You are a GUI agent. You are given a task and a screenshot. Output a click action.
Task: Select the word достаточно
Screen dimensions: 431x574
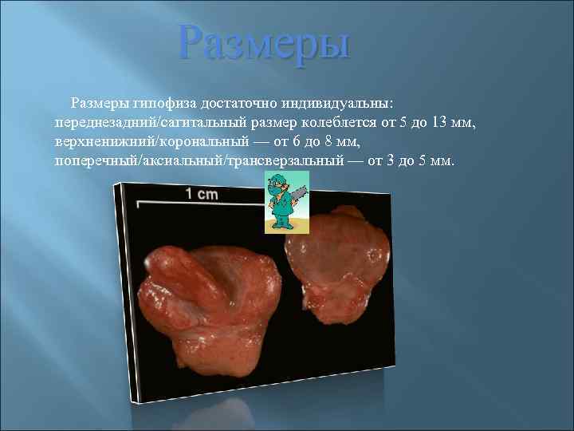229,104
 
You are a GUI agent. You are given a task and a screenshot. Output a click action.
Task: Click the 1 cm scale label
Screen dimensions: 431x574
201,193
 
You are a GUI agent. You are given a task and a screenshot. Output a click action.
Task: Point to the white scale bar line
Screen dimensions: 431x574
199,203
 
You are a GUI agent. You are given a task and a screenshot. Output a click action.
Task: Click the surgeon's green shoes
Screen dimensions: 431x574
281,228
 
